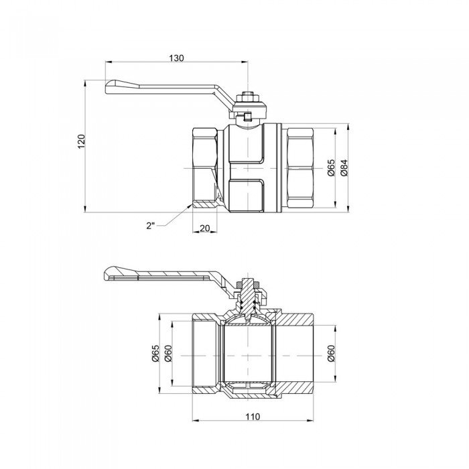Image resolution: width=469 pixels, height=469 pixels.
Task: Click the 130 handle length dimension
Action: (x=176, y=58)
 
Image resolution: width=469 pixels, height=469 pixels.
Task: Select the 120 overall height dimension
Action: (x=82, y=142)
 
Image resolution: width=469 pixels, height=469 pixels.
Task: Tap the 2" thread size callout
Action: (x=150, y=226)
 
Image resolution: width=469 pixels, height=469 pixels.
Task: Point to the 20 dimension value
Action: (x=206, y=228)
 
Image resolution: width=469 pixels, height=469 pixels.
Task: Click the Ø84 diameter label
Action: (x=344, y=167)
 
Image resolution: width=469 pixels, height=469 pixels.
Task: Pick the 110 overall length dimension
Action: (x=253, y=417)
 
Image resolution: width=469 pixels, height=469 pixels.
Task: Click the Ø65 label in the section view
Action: (x=155, y=352)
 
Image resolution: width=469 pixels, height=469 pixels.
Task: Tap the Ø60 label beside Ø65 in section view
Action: (x=168, y=352)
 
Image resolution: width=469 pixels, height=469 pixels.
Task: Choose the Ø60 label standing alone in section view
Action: (x=331, y=352)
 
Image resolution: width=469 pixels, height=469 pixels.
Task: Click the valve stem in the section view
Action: (x=249, y=298)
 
